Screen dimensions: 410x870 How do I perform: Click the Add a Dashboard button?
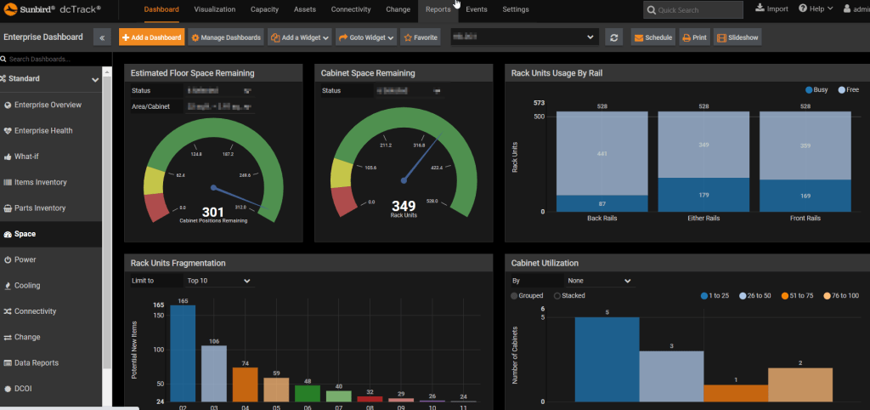click(x=151, y=37)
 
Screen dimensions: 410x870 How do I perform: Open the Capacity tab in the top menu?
click(x=264, y=9)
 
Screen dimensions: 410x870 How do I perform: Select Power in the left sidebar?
click(x=25, y=259)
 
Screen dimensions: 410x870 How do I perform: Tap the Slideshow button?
click(x=737, y=37)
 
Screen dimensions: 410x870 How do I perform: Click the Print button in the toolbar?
click(x=695, y=37)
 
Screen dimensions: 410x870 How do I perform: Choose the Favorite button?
click(x=421, y=37)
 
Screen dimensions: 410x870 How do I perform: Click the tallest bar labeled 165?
click(x=183, y=353)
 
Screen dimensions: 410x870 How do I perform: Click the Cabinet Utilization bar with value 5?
click(x=607, y=358)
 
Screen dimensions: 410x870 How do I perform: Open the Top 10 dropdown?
click(x=219, y=280)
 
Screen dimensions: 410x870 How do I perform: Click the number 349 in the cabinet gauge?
click(x=404, y=206)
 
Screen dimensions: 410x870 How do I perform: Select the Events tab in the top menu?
click(x=477, y=9)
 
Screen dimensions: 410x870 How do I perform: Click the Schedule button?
click(x=652, y=37)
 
